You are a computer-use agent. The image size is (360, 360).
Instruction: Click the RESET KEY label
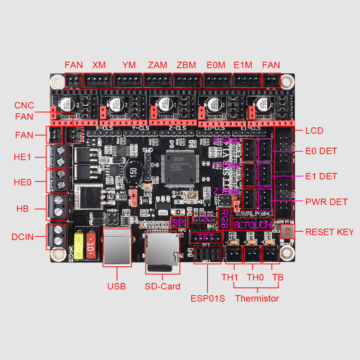[329, 232]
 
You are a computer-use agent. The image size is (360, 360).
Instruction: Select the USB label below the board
[117, 286]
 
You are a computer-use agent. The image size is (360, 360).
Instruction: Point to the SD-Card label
[162, 286]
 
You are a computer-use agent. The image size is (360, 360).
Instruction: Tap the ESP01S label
[207, 298]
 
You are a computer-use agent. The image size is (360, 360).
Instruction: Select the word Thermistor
[257, 298]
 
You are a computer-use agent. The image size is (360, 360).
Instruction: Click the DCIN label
[23, 237]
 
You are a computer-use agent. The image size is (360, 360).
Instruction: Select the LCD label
[315, 130]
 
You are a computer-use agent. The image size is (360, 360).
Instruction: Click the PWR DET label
[326, 202]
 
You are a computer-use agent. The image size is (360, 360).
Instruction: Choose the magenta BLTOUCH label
[252, 225]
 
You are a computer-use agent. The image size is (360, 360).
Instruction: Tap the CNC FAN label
[24, 111]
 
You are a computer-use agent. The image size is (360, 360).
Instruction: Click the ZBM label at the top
[186, 65]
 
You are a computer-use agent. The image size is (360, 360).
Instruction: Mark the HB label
[22, 209]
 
